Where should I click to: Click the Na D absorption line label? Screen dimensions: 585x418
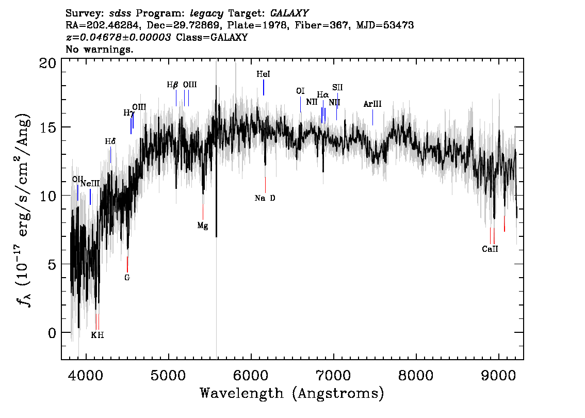click(265, 198)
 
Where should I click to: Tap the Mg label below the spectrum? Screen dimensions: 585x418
click(203, 226)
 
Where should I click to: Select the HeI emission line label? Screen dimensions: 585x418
click(264, 74)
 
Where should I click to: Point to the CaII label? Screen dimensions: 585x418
click(490, 249)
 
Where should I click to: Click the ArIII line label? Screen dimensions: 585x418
click(372, 104)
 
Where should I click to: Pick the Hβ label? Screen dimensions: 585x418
click(172, 85)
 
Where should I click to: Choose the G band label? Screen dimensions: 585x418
click(127, 278)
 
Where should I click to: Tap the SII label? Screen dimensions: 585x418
click(337, 87)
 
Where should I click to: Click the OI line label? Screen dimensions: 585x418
click(300, 91)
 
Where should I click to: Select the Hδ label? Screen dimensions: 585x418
click(110, 141)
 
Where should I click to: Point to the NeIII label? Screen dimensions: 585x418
click(90, 184)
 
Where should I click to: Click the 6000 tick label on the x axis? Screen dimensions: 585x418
click(251, 376)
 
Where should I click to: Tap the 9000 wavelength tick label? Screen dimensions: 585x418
click(498, 376)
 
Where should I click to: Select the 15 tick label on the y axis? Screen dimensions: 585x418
click(48, 127)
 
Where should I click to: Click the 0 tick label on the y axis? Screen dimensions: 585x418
click(52, 333)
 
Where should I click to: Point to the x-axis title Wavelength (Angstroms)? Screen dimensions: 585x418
click(292, 394)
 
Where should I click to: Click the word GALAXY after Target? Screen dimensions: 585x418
click(289, 13)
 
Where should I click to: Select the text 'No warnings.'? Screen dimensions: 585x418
click(99, 49)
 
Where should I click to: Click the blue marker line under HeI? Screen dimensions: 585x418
click(264, 87)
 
